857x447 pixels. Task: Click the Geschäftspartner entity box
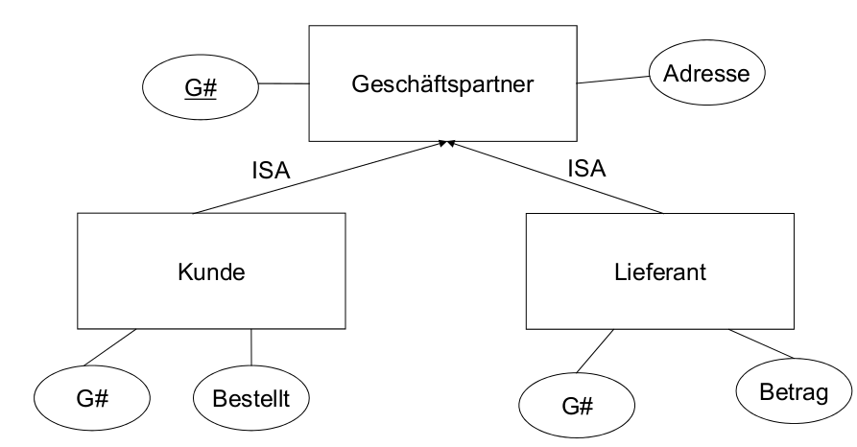click(441, 83)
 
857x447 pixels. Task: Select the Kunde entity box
click(211, 271)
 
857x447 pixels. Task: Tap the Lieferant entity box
click(659, 271)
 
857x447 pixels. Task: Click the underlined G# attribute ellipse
click(202, 90)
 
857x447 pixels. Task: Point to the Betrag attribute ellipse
click(792, 392)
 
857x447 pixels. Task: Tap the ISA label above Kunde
click(272, 171)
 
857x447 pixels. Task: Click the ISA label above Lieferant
click(586, 169)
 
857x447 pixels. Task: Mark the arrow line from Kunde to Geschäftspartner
click(317, 177)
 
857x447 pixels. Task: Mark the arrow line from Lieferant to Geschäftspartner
click(557, 177)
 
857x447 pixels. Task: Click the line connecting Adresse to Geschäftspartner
click(612, 81)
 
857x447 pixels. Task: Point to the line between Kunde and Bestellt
click(251, 347)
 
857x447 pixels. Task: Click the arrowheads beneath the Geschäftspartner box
click(445, 144)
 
